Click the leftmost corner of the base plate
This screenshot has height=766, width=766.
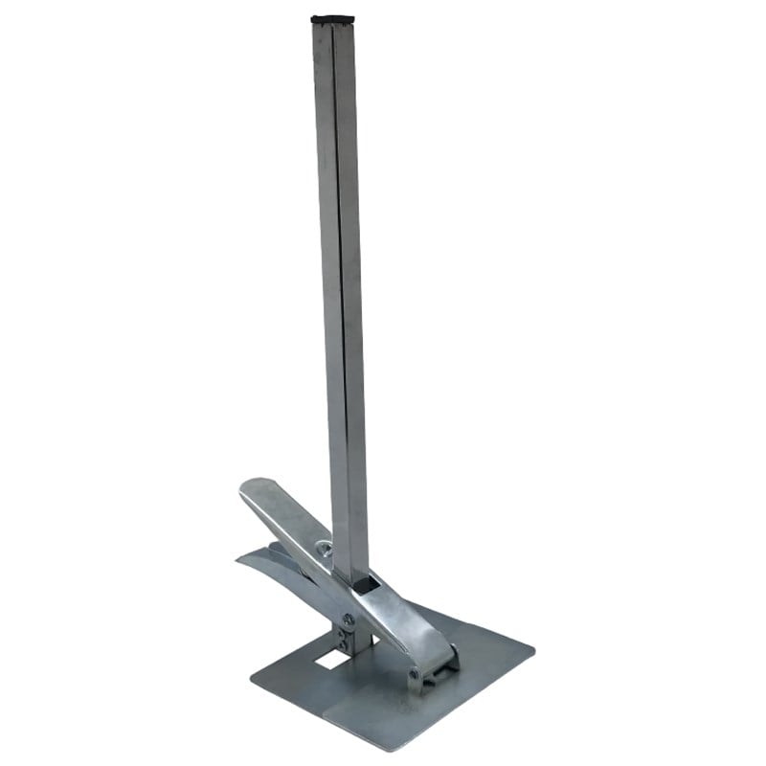252,682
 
